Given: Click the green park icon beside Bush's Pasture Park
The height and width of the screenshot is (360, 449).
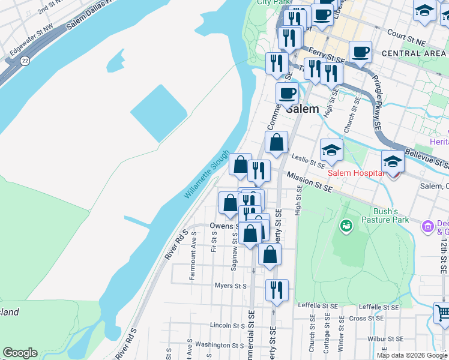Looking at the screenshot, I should [346, 226].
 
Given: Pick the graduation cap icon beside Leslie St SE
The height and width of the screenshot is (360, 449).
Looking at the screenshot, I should [331, 149].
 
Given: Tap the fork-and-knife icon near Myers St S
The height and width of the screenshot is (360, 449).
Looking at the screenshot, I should [277, 290].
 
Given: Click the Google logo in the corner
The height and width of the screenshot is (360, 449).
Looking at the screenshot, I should [20, 353].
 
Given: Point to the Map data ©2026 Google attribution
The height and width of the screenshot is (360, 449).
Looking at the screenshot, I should [411, 355].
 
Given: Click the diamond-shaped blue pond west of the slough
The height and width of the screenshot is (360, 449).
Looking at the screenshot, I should [158, 113].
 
